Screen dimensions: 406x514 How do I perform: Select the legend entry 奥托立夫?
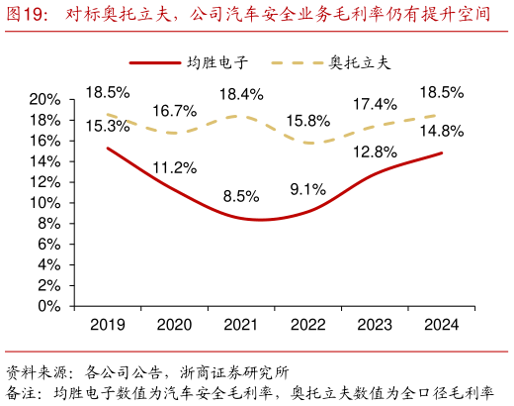tap(359, 62)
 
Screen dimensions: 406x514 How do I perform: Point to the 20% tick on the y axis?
tap(44, 100)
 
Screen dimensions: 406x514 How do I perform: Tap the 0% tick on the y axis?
tap(48, 306)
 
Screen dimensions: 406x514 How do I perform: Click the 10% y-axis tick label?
tap(44, 203)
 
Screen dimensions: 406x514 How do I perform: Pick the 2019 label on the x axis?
tap(108, 325)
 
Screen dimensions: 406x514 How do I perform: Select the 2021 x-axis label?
tap(240, 325)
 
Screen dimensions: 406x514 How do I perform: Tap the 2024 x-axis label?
tap(442, 325)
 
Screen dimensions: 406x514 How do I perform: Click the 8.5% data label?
tap(241, 196)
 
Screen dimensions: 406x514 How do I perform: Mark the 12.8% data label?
tap(376, 152)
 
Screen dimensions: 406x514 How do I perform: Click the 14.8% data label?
tap(442, 131)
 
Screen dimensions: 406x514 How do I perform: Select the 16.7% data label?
tap(174, 111)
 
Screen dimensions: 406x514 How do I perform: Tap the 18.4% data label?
tap(241, 94)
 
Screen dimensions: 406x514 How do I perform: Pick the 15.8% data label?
tap(308, 121)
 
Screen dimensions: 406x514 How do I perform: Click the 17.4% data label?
tap(376, 103)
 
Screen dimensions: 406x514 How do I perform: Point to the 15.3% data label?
tap(108, 126)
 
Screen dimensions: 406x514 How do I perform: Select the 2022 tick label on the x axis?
tap(308, 325)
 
